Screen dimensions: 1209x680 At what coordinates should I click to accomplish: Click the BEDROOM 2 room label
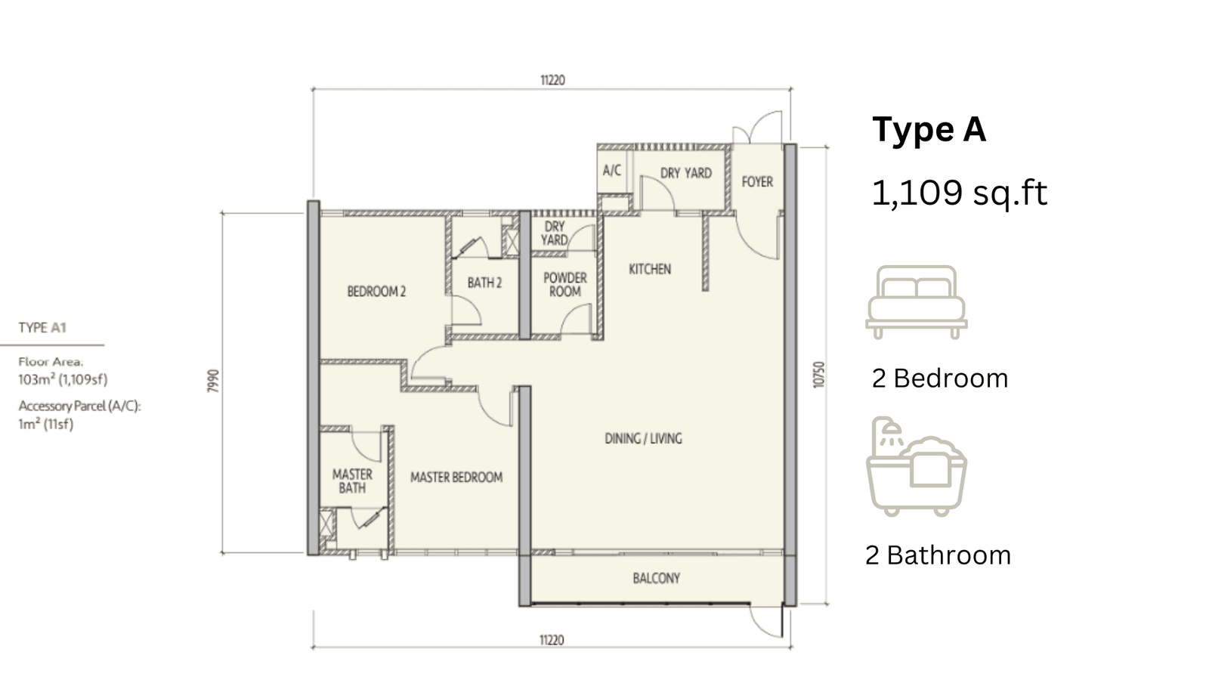(x=376, y=292)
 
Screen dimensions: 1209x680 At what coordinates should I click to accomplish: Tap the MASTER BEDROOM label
(x=456, y=477)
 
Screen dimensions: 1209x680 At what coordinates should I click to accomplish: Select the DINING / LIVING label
(x=643, y=438)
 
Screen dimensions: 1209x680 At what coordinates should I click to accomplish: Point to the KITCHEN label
(x=650, y=269)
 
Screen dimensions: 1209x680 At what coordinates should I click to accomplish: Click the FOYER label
(x=757, y=182)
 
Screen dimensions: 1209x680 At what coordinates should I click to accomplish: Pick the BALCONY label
(x=657, y=578)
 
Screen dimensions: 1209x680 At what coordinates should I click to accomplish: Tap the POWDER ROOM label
(x=565, y=284)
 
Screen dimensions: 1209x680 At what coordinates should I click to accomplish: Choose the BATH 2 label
(x=484, y=283)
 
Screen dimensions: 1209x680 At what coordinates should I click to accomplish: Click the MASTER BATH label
(x=352, y=481)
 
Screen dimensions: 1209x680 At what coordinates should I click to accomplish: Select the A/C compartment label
(x=612, y=171)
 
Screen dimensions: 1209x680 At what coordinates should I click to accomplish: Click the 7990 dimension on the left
(x=214, y=381)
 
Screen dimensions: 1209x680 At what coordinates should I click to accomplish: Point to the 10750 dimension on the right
(x=819, y=375)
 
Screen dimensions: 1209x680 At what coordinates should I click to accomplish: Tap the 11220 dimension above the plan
(x=552, y=80)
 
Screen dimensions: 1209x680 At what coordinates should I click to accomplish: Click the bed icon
(x=917, y=302)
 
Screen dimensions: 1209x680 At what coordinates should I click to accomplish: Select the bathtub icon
(x=917, y=466)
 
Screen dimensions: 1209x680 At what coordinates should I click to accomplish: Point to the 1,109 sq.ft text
(x=959, y=193)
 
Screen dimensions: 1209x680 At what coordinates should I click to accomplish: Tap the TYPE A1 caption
(x=42, y=328)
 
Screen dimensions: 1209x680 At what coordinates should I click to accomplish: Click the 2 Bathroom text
(x=938, y=555)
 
